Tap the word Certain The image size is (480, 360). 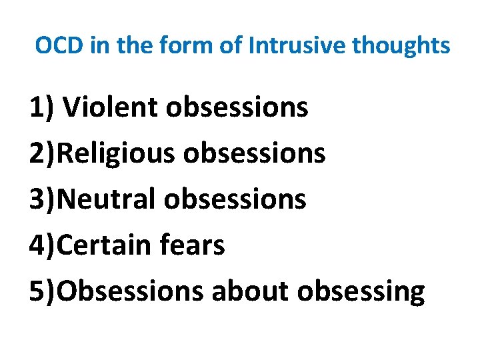click(105, 245)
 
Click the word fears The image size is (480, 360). click(193, 245)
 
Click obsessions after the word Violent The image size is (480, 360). click(237, 107)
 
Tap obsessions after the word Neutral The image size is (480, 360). click(235, 199)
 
